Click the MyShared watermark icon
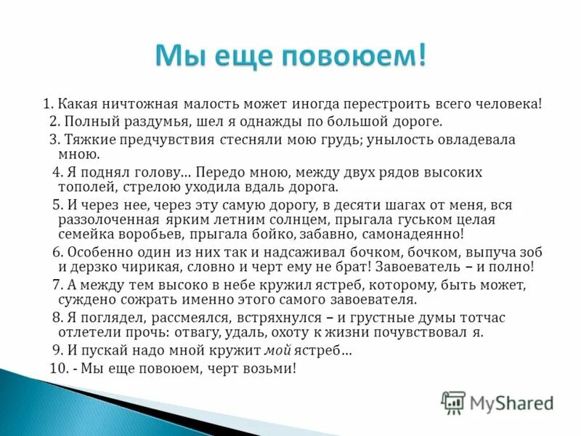click(x=453, y=401)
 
